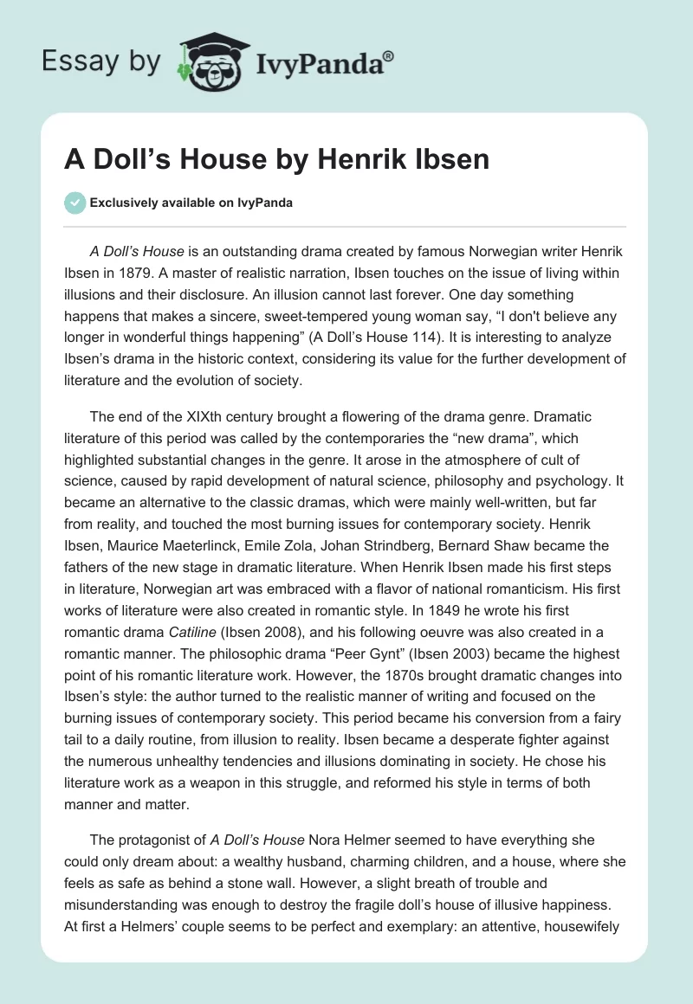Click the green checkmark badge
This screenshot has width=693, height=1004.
[74, 203]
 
